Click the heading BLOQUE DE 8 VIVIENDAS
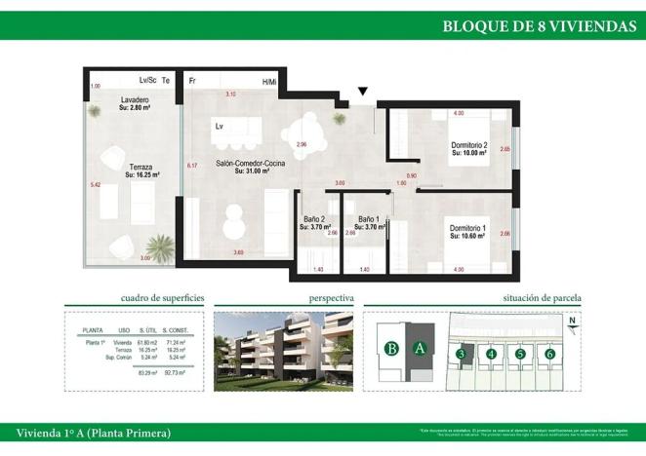click(539, 26)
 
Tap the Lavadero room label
click(135, 101)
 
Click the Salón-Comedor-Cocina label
click(250, 164)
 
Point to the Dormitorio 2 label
click(468, 146)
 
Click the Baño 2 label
click(315, 219)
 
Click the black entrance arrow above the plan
click(363, 92)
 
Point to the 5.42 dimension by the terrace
click(95, 184)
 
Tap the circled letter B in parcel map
click(391, 348)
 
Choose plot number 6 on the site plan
click(550, 354)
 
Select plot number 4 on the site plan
click(491, 354)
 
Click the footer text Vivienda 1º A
click(94, 432)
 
